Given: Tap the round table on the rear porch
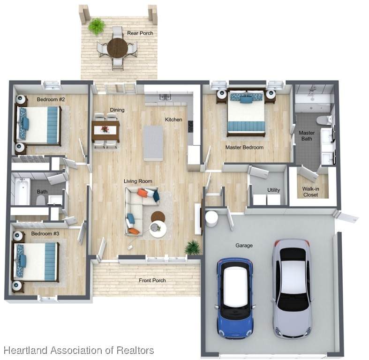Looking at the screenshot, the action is pos(117,47).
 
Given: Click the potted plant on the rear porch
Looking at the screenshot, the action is pos(96,26).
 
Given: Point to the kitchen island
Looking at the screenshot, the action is pos(153,143).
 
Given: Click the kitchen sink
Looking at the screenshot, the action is pos(165,97).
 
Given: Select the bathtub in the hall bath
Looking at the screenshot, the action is pos(22,191).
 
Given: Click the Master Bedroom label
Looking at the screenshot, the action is pos(244,148).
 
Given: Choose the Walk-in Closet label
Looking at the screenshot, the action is pos(311,192).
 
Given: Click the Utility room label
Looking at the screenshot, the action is pos(273,190).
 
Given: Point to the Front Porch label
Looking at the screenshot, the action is pos(152,280).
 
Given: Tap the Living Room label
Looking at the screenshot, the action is pos(138,181).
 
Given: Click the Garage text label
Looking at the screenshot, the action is pos(244,246).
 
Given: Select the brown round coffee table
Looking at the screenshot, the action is pos(158,217).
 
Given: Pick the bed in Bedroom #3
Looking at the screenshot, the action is pos(35,262).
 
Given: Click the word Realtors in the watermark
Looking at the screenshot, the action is pos(136,350).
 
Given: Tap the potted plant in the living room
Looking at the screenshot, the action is pos(193,247).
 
